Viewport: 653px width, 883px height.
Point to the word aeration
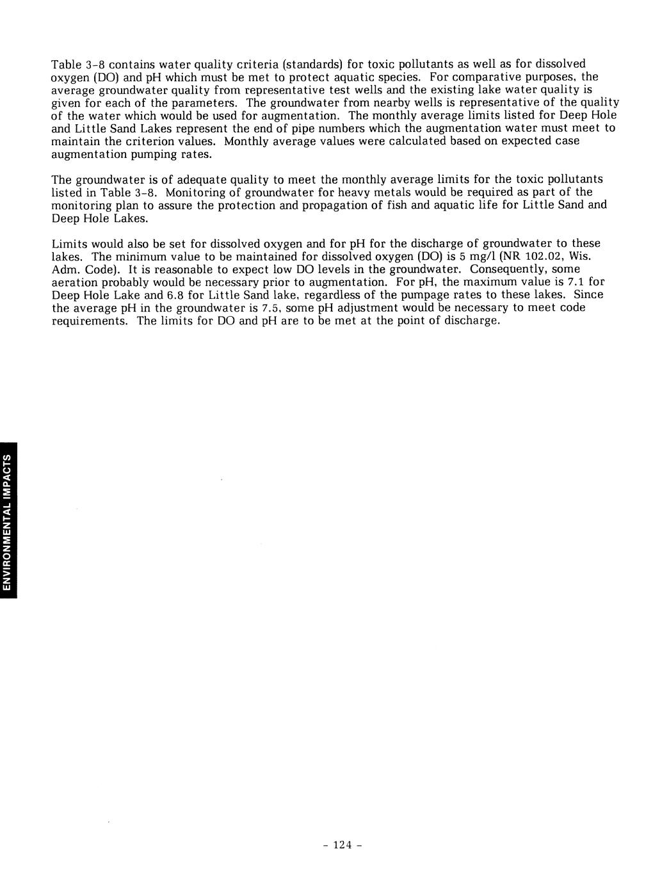[74, 282]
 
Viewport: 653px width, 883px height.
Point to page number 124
[343, 845]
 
